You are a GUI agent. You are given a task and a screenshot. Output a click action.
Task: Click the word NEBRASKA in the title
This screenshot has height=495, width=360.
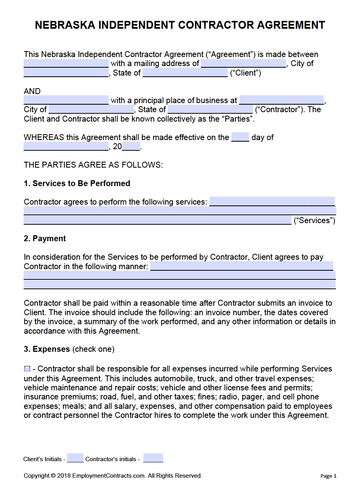tap(65, 25)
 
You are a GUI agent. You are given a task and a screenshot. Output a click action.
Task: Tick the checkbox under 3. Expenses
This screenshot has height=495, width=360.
tap(27, 369)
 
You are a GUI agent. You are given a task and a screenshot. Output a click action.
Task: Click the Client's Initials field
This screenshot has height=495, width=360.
tap(75, 458)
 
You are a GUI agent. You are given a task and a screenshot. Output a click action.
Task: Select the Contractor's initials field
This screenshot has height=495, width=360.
tap(153, 458)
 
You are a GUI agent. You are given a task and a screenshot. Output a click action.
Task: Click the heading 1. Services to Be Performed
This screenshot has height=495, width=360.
tap(77, 183)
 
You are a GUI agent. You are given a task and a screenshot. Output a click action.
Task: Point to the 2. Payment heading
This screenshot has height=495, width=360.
tap(45, 238)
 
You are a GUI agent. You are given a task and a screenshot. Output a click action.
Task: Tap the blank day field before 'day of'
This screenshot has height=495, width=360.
tap(240, 137)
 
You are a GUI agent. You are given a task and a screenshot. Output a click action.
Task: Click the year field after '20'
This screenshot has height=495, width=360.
tap(131, 147)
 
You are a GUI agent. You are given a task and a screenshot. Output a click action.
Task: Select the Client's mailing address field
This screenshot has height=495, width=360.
tap(243, 63)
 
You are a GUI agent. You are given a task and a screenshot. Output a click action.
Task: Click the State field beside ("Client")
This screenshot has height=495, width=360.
tap(185, 73)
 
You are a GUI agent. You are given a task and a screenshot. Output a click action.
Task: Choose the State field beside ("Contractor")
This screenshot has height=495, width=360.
tap(210, 109)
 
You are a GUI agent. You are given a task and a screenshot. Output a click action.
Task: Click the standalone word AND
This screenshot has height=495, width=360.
tap(32, 91)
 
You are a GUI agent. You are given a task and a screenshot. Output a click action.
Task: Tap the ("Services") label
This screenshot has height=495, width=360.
tap(314, 220)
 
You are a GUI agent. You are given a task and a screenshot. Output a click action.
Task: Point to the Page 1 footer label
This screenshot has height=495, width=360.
tap(328, 476)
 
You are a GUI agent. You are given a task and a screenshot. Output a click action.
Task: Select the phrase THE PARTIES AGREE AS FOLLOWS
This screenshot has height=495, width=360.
tap(93, 165)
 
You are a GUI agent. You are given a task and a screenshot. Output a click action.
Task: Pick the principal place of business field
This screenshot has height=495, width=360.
tap(281, 100)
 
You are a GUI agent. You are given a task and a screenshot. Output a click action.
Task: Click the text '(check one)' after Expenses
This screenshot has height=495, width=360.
tap(94, 349)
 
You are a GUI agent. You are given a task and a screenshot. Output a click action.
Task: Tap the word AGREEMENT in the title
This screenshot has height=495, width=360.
tap(291, 25)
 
